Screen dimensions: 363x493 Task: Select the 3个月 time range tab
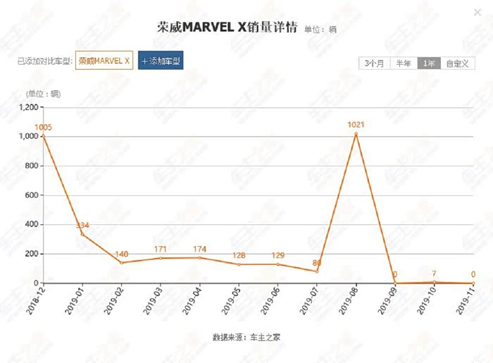click(375, 63)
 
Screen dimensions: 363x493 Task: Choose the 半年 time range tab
click(404, 63)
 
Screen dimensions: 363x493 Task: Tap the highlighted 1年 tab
click(429, 63)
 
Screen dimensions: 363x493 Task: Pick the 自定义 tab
click(456, 63)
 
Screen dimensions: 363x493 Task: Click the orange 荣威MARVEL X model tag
click(104, 61)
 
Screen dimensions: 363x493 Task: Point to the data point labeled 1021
click(356, 133)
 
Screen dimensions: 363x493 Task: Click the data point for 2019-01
click(82, 234)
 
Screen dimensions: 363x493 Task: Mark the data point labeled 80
click(317, 271)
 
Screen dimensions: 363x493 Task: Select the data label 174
click(199, 249)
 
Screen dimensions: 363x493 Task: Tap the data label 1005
click(43, 128)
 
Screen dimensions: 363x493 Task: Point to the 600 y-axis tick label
click(32, 195)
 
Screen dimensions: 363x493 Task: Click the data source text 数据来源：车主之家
click(246, 337)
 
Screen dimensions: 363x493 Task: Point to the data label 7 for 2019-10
click(435, 273)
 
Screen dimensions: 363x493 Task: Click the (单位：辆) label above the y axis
click(44, 94)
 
